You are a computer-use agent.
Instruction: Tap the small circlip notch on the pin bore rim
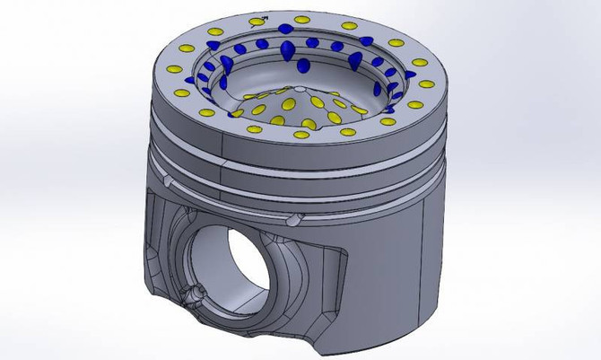[192, 294]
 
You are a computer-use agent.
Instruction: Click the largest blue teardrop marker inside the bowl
[286, 51]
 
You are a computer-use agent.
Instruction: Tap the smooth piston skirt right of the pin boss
[395, 269]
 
